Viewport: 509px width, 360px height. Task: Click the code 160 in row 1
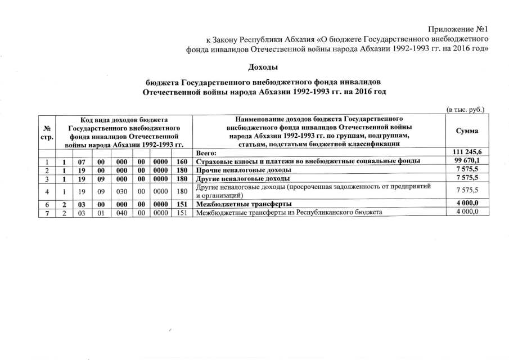point(181,161)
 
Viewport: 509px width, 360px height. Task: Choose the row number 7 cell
point(47,211)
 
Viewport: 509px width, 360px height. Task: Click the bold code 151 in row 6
point(181,203)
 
